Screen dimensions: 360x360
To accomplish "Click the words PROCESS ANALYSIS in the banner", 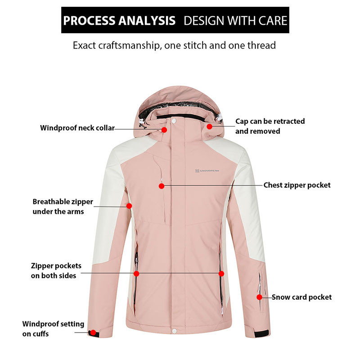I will (x=119, y=21).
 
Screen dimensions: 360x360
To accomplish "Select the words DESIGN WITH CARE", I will (x=235, y=21).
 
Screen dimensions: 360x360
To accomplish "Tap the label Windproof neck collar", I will (x=77, y=128).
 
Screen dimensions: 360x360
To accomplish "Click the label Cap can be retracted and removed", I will (x=270, y=126).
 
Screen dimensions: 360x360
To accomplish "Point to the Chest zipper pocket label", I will (x=297, y=185).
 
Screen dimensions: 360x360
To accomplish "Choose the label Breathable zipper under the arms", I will (x=63, y=207).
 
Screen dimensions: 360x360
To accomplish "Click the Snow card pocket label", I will (x=301, y=297).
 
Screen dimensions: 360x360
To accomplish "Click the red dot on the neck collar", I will (x=164, y=130).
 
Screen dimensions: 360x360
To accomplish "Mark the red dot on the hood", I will (x=209, y=127).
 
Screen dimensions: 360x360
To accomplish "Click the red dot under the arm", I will (x=129, y=206).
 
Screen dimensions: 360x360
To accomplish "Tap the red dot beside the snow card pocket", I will (x=259, y=297).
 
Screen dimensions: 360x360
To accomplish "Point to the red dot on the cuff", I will (x=93, y=333).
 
